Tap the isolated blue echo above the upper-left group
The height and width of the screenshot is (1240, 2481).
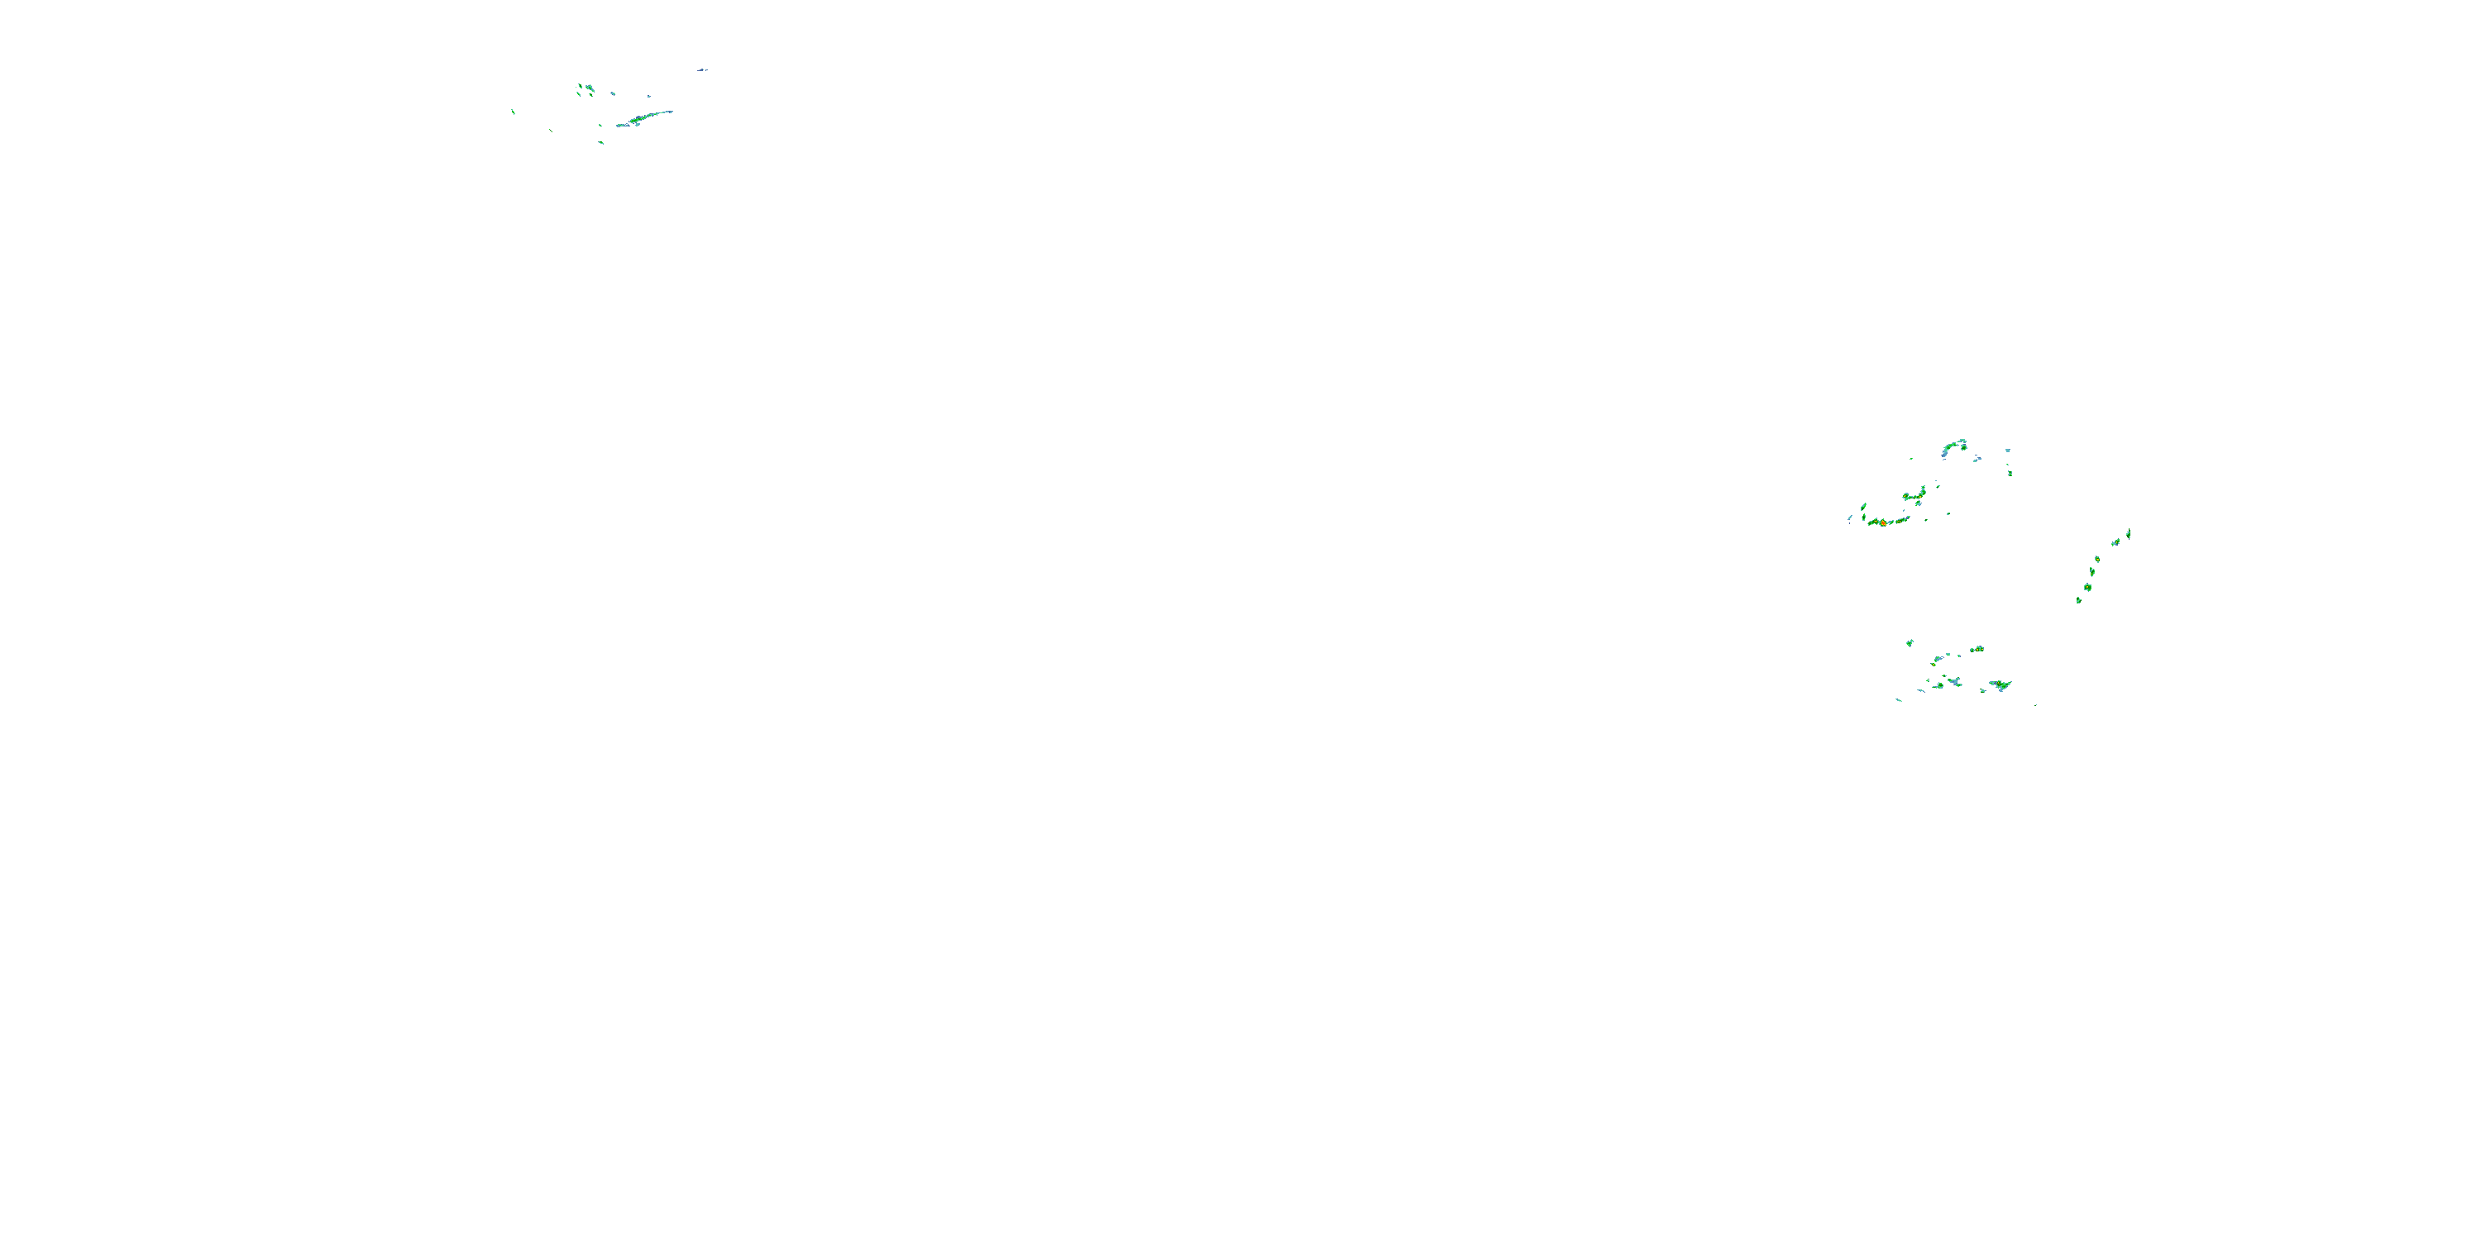[x=702, y=69]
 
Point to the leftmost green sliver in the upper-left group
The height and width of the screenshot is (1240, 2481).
[x=513, y=112]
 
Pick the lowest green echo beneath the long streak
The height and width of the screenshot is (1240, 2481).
[x=601, y=142]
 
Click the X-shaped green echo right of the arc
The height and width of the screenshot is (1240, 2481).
[x=2010, y=473]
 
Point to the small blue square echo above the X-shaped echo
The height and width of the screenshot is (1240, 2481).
[x=2007, y=450]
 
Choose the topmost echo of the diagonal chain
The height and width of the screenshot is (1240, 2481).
[x=2128, y=532]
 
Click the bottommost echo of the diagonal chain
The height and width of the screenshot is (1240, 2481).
[x=2078, y=601]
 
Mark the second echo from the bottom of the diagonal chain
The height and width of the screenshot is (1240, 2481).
[x=2087, y=586]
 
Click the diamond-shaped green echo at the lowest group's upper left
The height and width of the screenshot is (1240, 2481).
[x=1909, y=642]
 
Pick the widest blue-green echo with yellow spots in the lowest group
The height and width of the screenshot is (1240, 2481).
[x=2001, y=685]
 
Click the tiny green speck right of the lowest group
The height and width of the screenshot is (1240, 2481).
[x=2035, y=704]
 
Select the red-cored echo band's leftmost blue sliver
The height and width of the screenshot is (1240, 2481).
[x=1850, y=519]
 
